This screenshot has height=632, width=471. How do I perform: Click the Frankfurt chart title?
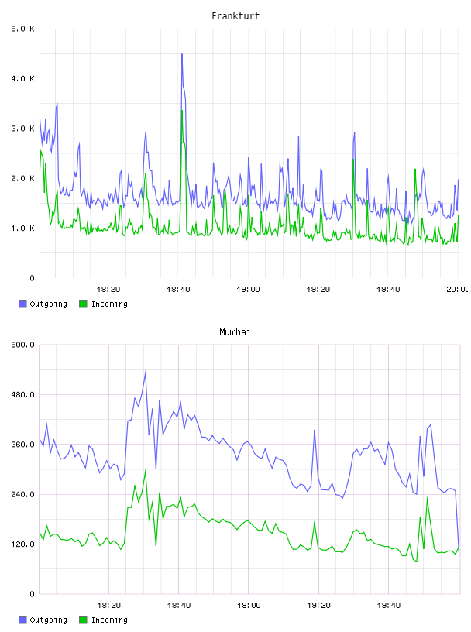pos(235,15)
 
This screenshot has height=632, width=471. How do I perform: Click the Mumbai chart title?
pos(235,331)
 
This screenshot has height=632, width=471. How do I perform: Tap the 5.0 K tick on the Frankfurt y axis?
pos(22,29)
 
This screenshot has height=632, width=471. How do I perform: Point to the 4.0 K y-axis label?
pos(22,78)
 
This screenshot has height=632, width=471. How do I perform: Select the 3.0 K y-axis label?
pos(22,129)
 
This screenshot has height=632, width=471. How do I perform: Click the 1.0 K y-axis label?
pos(22,228)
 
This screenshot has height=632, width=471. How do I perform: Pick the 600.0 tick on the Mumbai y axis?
pos(22,345)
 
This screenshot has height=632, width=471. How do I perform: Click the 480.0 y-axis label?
pos(22,394)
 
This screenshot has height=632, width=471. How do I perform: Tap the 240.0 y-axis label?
pos(22,494)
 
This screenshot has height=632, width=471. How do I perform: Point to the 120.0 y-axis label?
pos(22,544)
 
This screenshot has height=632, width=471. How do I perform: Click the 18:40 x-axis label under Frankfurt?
pos(178,289)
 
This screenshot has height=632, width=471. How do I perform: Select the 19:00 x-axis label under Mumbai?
pos(249,605)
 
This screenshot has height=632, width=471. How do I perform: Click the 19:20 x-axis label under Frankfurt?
pos(318,289)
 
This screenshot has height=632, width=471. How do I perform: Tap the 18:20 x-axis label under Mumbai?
pos(108,605)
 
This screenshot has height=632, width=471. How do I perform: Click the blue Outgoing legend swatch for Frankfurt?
pos(22,304)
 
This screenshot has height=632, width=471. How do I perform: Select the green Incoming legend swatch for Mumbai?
pos(83,620)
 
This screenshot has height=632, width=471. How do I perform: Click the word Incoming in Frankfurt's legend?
pos(109,304)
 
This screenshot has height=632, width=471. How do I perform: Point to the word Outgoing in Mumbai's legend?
pos(48,620)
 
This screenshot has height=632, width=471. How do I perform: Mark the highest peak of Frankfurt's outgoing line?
pos(182,54)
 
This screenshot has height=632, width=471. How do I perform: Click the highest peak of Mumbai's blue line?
pos(145,371)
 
